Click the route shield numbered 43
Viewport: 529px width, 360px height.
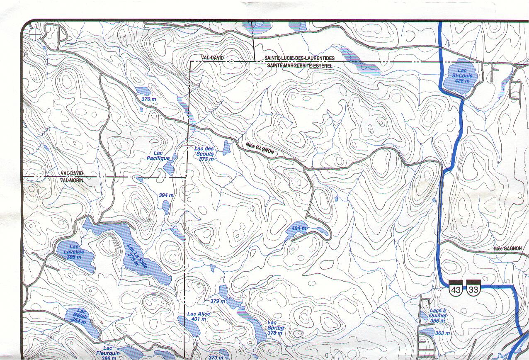click(x=456, y=288)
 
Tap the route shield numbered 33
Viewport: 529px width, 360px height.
click(x=473, y=288)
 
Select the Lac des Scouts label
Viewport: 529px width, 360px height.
click(x=205, y=153)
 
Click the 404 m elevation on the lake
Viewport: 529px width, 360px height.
click(x=299, y=229)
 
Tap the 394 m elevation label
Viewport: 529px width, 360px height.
click(x=166, y=195)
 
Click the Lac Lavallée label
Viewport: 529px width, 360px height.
click(x=74, y=252)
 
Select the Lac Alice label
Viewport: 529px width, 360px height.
click(x=199, y=316)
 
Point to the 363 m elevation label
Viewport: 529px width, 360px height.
click(x=443, y=333)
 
